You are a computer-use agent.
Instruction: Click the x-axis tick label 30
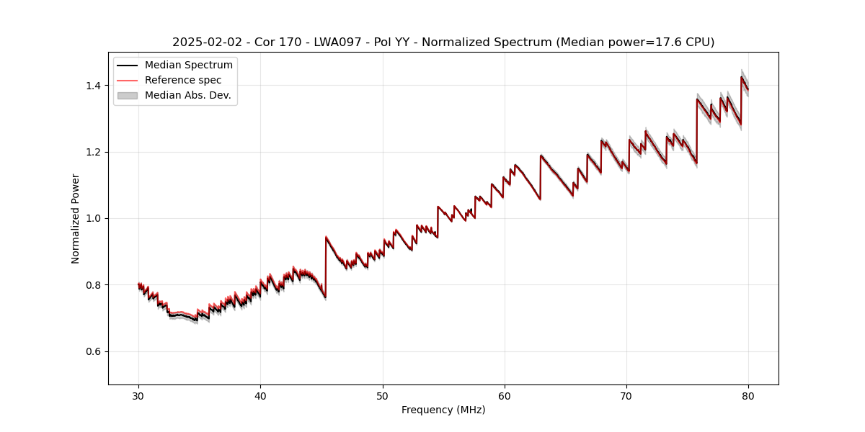coord(138,395)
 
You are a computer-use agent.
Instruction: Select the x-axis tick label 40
coord(260,395)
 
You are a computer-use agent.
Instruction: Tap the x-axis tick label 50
coord(383,395)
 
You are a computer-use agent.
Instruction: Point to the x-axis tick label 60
coord(505,395)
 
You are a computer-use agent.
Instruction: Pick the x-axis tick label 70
coord(626,395)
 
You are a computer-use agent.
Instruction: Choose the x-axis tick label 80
coord(748,395)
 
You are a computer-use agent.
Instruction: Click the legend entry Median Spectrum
coord(188,66)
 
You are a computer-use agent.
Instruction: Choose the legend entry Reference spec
coord(183,80)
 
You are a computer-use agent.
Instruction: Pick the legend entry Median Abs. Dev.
coord(187,95)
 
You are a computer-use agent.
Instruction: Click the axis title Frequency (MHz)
coord(443,410)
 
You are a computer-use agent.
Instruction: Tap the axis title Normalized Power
coord(76,218)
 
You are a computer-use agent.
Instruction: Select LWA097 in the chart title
coord(336,42)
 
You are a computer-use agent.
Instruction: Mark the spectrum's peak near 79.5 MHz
coord(742,77)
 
